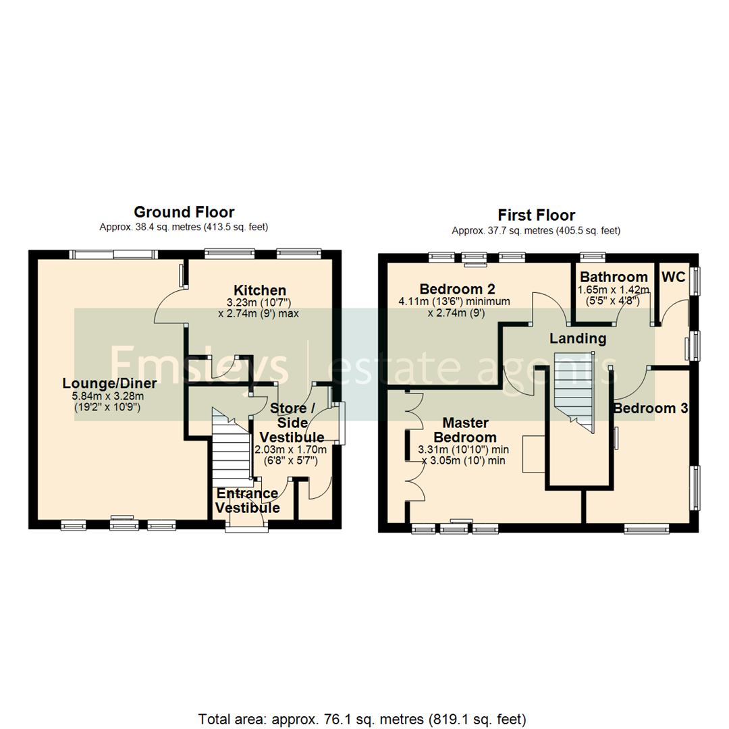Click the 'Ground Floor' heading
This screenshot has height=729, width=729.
click(x=184, y=212)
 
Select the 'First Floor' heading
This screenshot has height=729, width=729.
click(x=536, y=215)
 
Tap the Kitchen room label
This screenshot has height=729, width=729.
click(x=260, y=290)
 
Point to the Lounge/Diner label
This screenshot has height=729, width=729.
click(x=109, y=383)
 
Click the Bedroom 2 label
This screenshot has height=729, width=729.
click(x=457, y=288)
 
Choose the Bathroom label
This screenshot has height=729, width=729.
click(x=614, y=277)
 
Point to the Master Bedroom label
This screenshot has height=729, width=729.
click(x=464, y=430)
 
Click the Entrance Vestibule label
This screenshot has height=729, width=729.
click(x=248, y=500)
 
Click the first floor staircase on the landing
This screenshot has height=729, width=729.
click(x=574, y=391)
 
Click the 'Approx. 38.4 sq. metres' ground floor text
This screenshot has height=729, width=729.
click(x=184, y=227)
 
